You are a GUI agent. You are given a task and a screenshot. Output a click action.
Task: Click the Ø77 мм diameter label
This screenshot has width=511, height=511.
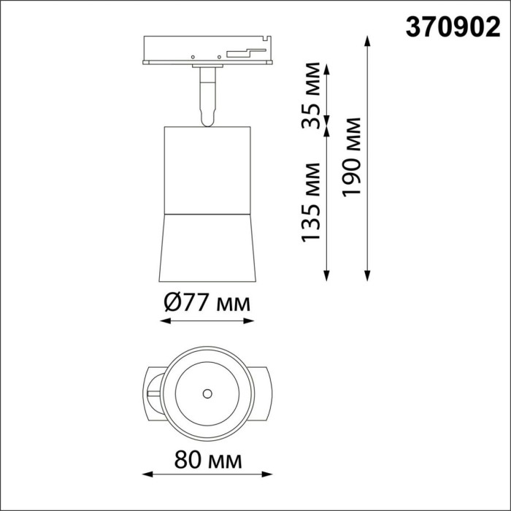207,302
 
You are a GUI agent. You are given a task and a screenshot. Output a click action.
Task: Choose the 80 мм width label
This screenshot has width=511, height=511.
207,460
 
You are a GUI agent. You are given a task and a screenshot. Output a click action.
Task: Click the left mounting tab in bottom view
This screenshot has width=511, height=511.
151,393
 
